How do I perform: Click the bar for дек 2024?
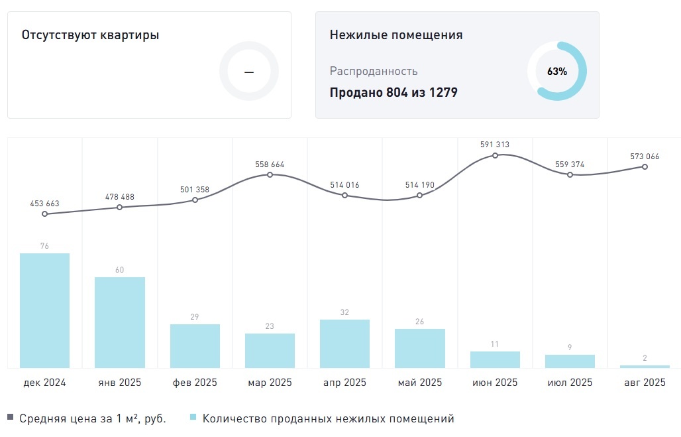tap(44, 310)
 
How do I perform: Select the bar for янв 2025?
tap(120, 322)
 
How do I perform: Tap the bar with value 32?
tap(344, 343)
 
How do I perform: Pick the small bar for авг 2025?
tap(645, 366)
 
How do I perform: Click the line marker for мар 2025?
tap(270, 174)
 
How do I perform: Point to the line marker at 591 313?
tap(495, 155)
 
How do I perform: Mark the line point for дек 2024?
tap(44, 214)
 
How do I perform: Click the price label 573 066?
tap(645, 156)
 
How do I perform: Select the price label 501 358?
tap(195, 190)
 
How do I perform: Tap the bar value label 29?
tap(195, 317)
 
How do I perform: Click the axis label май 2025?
tap(420, 383)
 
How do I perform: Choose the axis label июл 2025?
tap(570, 383)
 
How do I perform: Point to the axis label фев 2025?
tap(195, 383)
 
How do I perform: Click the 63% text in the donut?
tap(557, 72)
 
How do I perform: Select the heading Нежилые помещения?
tap(396, 35)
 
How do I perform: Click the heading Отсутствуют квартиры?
tap(90, 35)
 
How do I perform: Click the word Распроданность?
tap(374, 71)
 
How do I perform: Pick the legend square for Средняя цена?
tap(10, 418)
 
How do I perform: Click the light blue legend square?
tap(193, 418)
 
